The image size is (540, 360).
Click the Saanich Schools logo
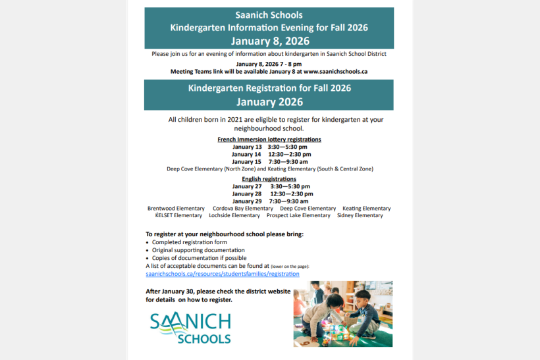pyautogui.click(x=190, y=328)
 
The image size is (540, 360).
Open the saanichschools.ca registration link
pyautogui.click(x=222, y=273)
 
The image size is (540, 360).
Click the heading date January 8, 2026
pyautogui.click(x=269, y=40)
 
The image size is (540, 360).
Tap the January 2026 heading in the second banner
pyautogui.click(x=269, y=102)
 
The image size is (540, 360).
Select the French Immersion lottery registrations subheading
pyautogui.click(x=269, y=140)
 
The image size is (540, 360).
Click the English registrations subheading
pyautogui.click(x=269, y=179)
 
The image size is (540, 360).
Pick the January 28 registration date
pyautogui.click(x=247, y=194)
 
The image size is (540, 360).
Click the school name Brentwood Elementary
pyautogui.click(x=176, y=209)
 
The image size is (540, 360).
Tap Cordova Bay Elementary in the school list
pyautogui.click(x=242, y=209)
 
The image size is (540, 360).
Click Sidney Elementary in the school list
pyautogui.click(x=360, y=215)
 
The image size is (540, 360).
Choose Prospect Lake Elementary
pyautogui.click(x=298, y=215)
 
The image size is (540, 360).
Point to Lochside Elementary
pyautogui.click(x=234, y=215)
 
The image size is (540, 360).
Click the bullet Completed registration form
pyautogui.click(x=189, y=242)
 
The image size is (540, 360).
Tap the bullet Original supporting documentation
pyautogui.click(x=198, y=250)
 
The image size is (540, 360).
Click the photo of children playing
pyautogui.click(x=342, y=313)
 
